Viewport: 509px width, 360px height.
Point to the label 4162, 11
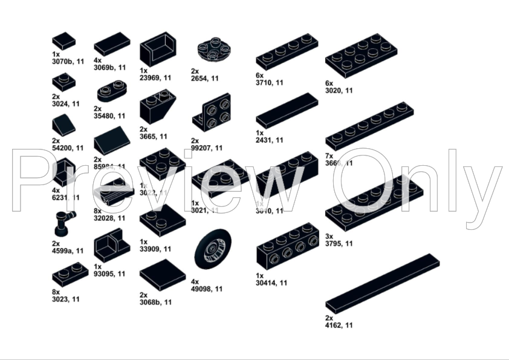coord(339,325)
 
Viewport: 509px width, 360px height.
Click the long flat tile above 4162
coord(382,283)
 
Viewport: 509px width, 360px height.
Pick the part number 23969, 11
coord(156,78)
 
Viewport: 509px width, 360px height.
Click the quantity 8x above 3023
coord(56,292)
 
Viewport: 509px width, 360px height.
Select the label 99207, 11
coord(206,148)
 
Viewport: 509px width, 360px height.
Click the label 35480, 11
coord(110,116)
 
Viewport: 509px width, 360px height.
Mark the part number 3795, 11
coord(339,244)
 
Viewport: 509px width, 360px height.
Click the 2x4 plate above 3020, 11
coord(361,55)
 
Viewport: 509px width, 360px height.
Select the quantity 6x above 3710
coord(260,75)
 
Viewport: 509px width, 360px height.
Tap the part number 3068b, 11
coord(156,302)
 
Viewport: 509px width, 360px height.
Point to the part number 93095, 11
coord(110,273)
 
